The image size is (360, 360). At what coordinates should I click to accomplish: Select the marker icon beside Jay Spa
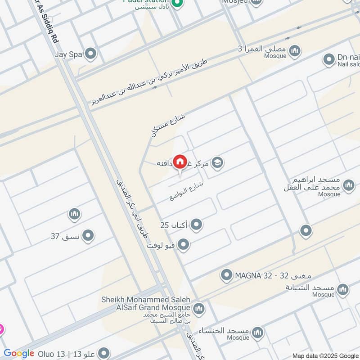(x=91, y=54)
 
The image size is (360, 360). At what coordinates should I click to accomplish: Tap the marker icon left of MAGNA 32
(x=227, y=274)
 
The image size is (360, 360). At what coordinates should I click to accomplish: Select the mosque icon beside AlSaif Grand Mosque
(x=198, y=309)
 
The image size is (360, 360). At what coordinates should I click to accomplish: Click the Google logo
(x=19, y=353)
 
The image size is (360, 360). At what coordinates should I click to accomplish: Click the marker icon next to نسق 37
(x=88, y=235)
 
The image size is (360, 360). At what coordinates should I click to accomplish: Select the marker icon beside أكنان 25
(x=196, y=224)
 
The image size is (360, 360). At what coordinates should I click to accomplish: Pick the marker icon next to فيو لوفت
(x=183, y=245)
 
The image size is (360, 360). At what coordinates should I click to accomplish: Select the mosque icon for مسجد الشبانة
(x=343, y=288)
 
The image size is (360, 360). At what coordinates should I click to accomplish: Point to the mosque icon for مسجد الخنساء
(x=257, y=333)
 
